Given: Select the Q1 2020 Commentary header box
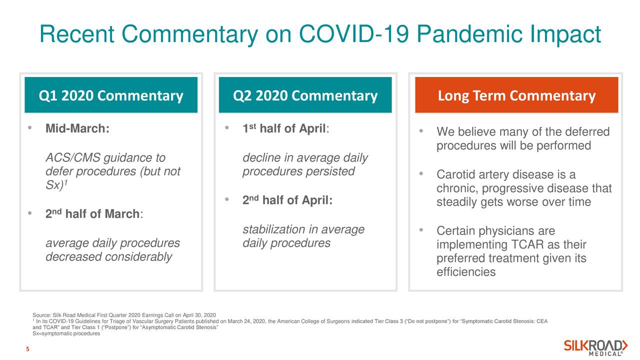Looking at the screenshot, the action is pos(111,95).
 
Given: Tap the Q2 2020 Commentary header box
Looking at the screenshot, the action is pos(305,95).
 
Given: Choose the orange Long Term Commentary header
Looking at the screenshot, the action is pos(516,95).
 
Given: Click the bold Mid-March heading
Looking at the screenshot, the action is pos(77,128).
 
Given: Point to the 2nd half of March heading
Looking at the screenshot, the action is pos(94,213).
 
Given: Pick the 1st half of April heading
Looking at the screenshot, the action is pos(285,128).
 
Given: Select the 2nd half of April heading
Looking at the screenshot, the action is pos(287,200).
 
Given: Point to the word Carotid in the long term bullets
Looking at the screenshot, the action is pos(456,174).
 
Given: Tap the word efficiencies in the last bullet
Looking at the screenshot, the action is pos(466,272).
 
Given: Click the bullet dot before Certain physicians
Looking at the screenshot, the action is pos(421,229).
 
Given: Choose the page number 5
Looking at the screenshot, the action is pos(27,349).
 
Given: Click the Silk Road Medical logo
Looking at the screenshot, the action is pos(595,347).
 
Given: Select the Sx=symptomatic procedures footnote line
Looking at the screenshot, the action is pos(66,333).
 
